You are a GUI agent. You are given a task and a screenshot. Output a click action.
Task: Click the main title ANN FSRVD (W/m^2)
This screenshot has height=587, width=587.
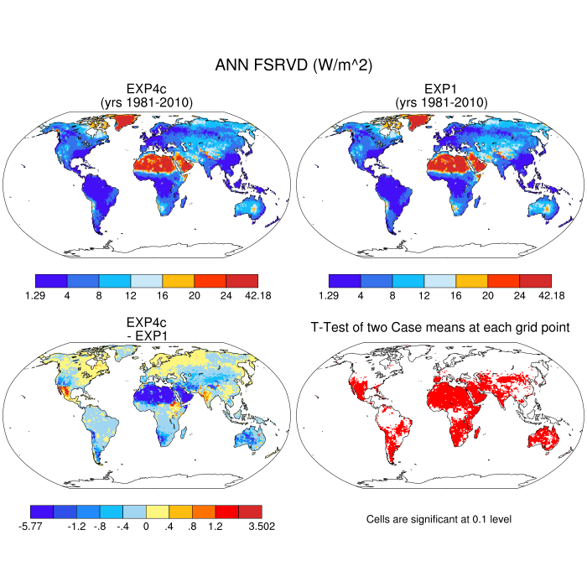(x=293, y=65)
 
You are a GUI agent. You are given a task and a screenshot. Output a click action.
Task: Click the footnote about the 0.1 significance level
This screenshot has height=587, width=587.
(x=439, y=519)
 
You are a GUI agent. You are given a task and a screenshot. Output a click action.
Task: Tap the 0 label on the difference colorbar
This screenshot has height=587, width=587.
(x=147, y=527)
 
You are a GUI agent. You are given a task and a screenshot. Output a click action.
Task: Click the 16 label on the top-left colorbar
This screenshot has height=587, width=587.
(x=162, y=295)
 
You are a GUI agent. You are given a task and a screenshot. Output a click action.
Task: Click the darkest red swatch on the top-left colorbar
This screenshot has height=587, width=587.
(x=242, y=281)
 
